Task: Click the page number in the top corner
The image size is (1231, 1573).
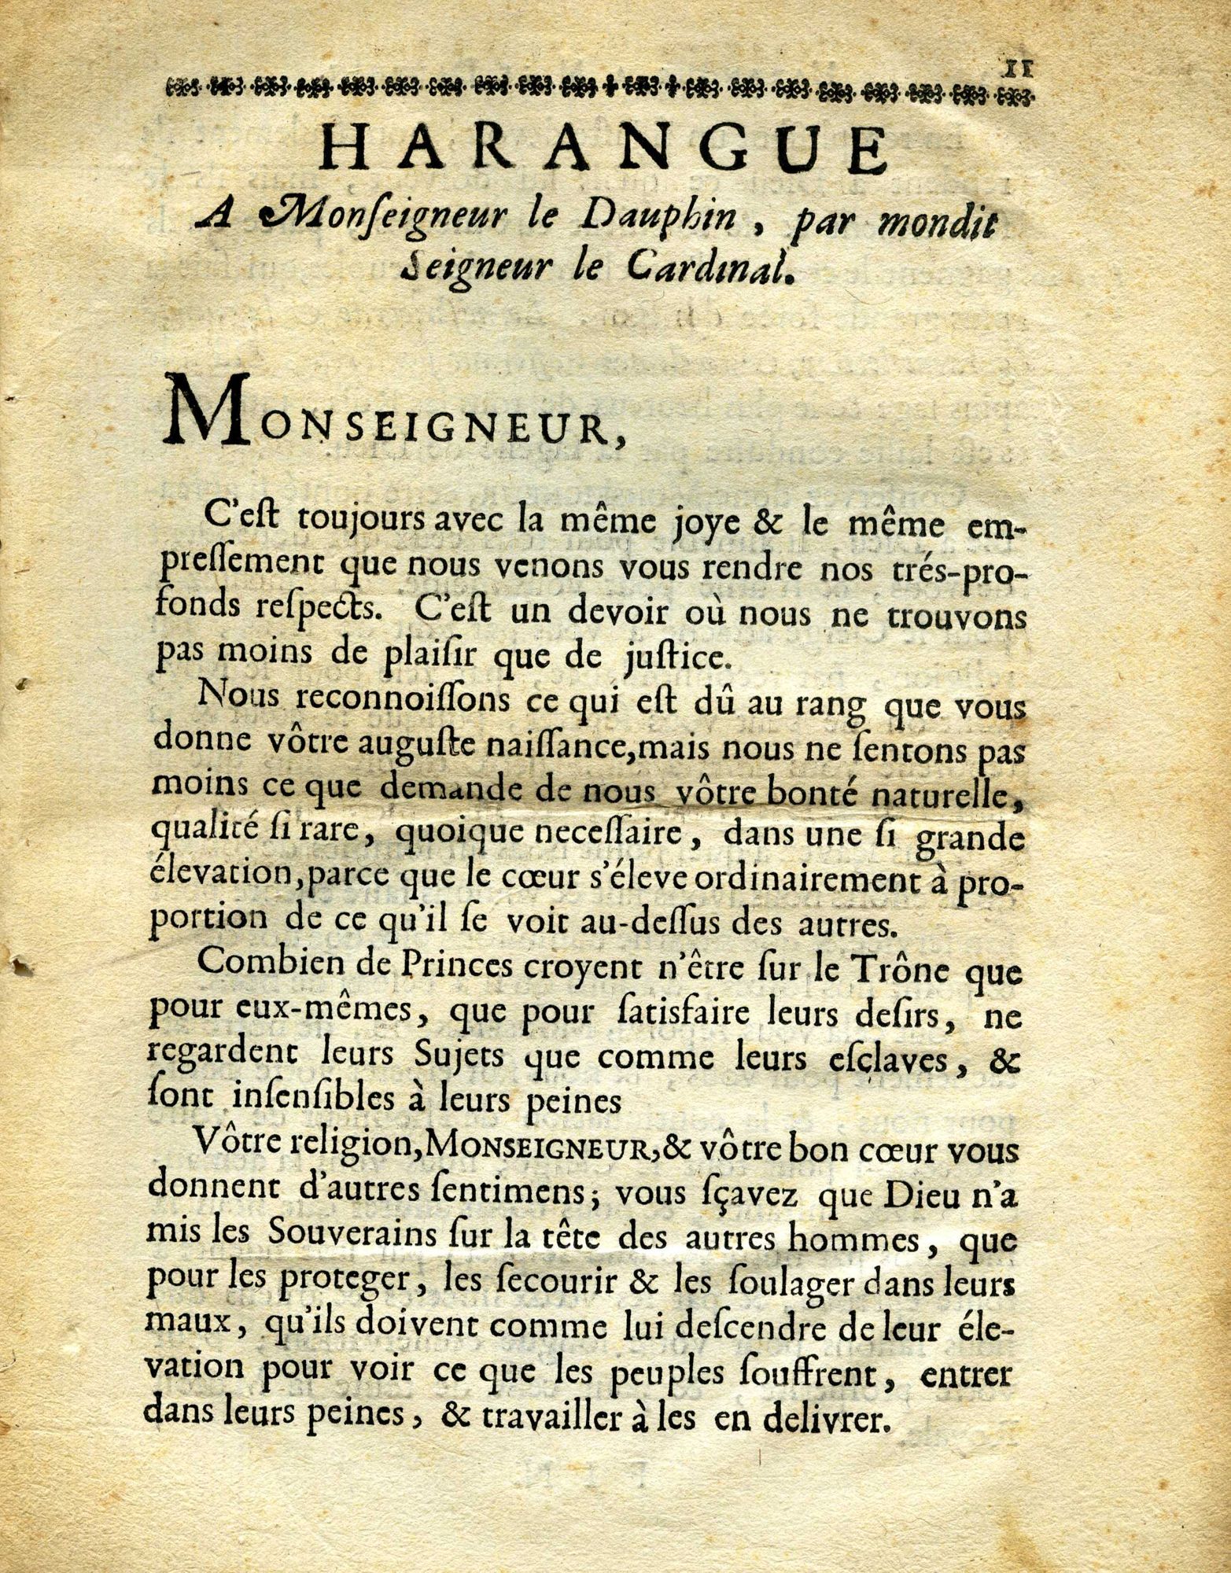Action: (x=1018, y=67)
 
